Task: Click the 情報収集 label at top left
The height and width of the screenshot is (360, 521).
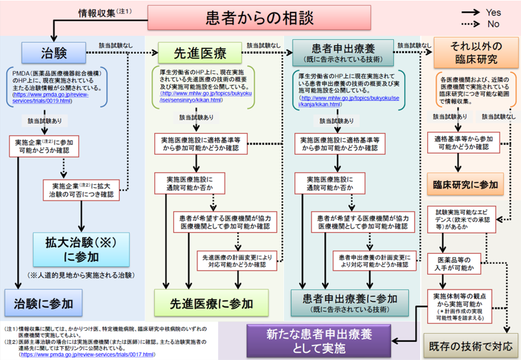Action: (x=98, y=12)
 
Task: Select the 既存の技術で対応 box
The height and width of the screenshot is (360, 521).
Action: (x=471, y=346)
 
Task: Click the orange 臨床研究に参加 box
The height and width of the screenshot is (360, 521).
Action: (x=465, y=184)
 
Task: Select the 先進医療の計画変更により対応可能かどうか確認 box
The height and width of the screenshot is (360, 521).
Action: (x=237, y=260)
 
